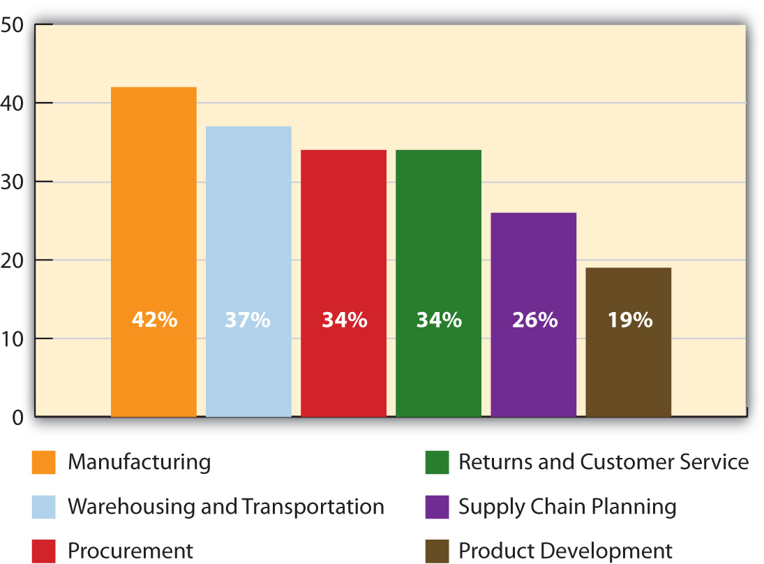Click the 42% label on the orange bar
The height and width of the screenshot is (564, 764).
[154, 320]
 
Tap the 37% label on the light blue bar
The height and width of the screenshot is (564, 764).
[248, 320]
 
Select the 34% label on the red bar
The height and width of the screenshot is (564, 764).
[344, 320]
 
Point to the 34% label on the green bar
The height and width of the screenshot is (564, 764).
[439, 320]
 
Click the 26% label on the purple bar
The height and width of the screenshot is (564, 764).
[534, 320]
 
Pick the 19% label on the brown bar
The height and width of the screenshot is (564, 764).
[629, 320]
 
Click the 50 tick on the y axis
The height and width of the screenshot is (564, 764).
[13, 25]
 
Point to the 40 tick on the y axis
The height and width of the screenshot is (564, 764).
[13, 103]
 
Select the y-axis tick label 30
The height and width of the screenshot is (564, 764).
[13, 182]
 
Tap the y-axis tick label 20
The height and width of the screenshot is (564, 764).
[13, 260]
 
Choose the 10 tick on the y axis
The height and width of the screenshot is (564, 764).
[13, 339]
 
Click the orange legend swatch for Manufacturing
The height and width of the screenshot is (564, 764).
[43, 463]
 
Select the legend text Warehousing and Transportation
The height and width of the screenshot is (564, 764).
[225, 507]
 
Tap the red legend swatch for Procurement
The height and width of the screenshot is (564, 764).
[43, 551]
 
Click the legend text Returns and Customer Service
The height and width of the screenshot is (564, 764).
[603, 462]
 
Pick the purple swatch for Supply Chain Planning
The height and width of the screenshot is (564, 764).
[437, 507]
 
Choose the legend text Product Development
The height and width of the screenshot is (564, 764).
[565, 551]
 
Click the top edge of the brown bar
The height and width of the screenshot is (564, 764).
[628, 268]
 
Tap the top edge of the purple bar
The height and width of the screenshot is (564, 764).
[534, 214]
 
